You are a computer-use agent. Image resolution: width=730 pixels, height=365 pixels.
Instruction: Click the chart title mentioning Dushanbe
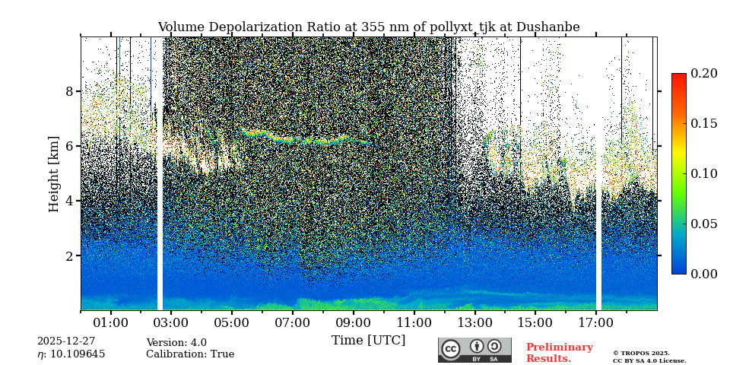click(368, 27)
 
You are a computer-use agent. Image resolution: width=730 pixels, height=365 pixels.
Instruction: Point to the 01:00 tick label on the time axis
click(110, 323)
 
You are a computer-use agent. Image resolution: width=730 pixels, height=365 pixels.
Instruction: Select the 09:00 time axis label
click(353, 323)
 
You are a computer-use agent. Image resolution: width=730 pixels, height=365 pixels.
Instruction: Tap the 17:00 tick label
click(595, 323)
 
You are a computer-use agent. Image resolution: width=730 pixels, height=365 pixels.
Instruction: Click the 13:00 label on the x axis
click(474, 323)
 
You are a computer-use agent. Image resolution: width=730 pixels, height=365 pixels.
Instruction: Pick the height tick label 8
click(69, 91)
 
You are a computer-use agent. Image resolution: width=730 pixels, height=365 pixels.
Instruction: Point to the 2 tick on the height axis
click(69, 256)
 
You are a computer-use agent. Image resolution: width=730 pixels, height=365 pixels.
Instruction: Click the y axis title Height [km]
click(54, 174)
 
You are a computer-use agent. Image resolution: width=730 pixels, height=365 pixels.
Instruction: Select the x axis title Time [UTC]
click(368, 341)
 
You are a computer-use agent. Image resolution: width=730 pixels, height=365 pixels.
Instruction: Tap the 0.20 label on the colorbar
click(703, 74)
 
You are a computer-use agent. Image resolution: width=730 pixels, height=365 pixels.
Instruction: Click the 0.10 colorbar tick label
click(703, 173)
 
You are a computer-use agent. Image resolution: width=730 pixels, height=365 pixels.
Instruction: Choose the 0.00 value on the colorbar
click(703, 274)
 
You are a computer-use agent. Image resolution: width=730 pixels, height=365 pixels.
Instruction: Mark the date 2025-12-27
click(66, 341)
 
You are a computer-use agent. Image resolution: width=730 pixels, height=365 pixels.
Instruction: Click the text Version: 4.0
click(176, 343)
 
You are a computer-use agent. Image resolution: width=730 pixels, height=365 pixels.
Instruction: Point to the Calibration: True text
click(190, 354)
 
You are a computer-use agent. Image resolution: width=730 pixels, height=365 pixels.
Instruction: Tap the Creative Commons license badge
click(474, 350)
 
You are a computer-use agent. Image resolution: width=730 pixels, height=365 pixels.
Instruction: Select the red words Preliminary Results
click(559, 353)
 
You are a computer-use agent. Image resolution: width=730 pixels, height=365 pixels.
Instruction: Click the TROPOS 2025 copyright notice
click(649, 357)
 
